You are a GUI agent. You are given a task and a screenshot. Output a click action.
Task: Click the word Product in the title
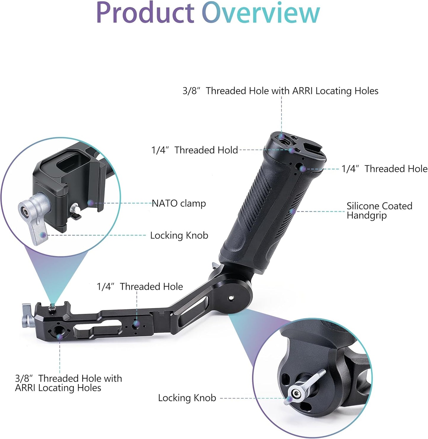coord(145,13)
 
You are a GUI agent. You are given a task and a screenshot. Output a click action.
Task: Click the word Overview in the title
coord(261,13)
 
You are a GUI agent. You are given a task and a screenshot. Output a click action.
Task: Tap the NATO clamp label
coord(179,203)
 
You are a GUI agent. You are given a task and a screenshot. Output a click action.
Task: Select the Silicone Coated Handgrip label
coord(379,210)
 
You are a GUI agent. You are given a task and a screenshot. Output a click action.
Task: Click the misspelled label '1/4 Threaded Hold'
coord(195,150)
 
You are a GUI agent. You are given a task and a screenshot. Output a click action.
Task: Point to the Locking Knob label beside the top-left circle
coord(179,235)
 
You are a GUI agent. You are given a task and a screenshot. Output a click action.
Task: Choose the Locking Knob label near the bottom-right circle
coord(187,398)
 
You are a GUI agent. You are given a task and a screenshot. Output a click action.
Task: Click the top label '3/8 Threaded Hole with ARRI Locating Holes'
coord(280,91)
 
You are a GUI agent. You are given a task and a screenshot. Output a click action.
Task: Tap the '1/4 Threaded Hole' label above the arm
coord(140,286)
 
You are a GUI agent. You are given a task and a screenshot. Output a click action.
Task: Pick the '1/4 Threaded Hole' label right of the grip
coord(384,169)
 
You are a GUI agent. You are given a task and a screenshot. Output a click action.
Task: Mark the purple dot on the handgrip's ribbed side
coord(293,211)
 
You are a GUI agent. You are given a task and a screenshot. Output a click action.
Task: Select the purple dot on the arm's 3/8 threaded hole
coord(60,337)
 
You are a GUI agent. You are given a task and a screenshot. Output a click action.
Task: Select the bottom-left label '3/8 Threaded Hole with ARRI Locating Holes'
coord(68,383)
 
